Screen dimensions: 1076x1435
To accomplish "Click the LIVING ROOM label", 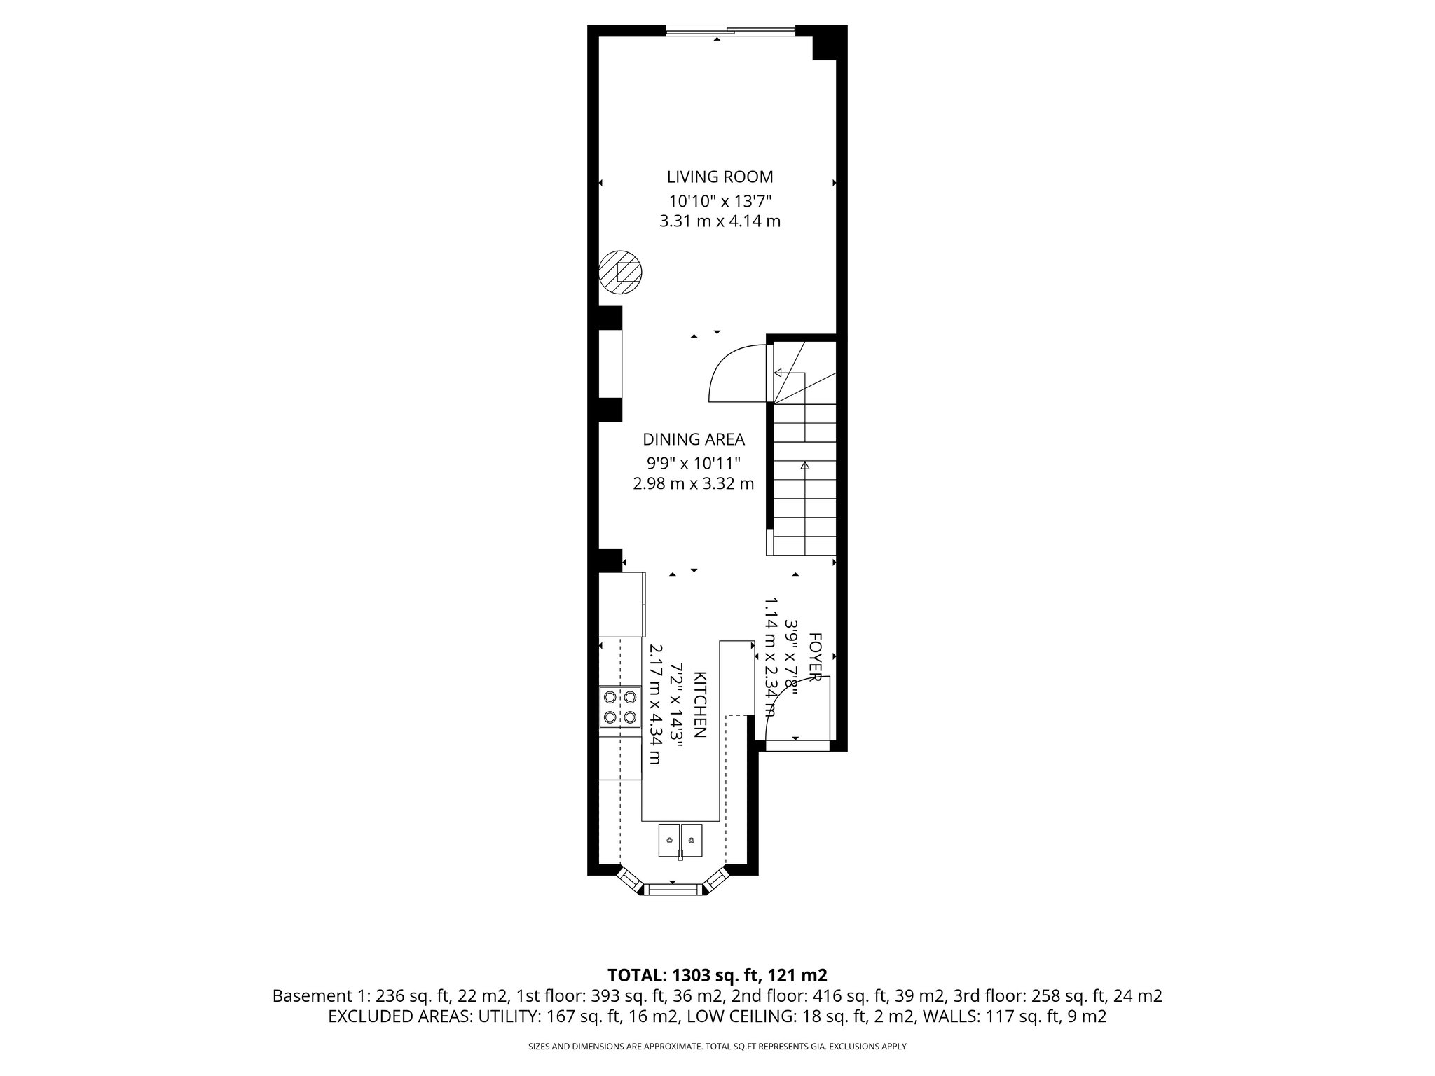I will click(x=720, y=177).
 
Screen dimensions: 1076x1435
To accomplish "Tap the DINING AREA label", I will click(x=693, y=440).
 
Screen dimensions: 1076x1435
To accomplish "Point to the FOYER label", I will click(x=814, y=656).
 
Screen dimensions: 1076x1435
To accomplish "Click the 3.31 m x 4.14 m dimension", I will click(x=720, y=222).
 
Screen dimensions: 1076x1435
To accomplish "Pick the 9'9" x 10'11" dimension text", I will click(x=693, y=463).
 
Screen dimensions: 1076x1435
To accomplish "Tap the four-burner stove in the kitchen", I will click(x=620, y=707).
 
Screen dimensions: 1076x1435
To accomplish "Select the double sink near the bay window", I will click(x=680, y=840).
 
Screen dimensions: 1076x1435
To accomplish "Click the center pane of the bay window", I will click(x=672, y=889).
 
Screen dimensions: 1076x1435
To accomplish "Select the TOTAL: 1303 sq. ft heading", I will click(x=717, y=975).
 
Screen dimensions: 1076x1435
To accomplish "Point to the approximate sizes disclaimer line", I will click(x=717, y=1047).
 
